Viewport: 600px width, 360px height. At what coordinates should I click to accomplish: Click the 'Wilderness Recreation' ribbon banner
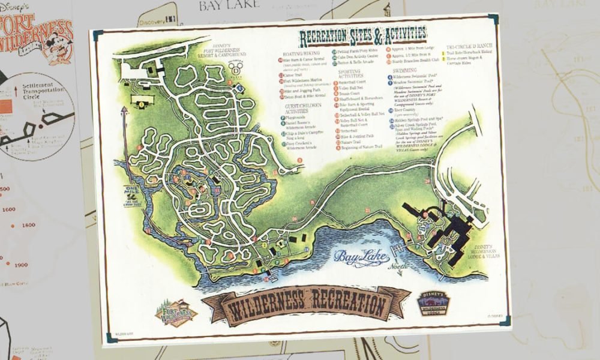(306, 304)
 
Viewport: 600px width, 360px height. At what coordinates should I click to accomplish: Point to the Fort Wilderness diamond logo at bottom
(176, 313)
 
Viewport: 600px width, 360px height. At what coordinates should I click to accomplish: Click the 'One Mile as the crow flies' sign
(132, 193)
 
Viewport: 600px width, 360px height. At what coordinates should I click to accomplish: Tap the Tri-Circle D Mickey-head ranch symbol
(238, 68)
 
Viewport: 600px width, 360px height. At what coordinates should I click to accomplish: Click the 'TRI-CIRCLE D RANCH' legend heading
(468, 47)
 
